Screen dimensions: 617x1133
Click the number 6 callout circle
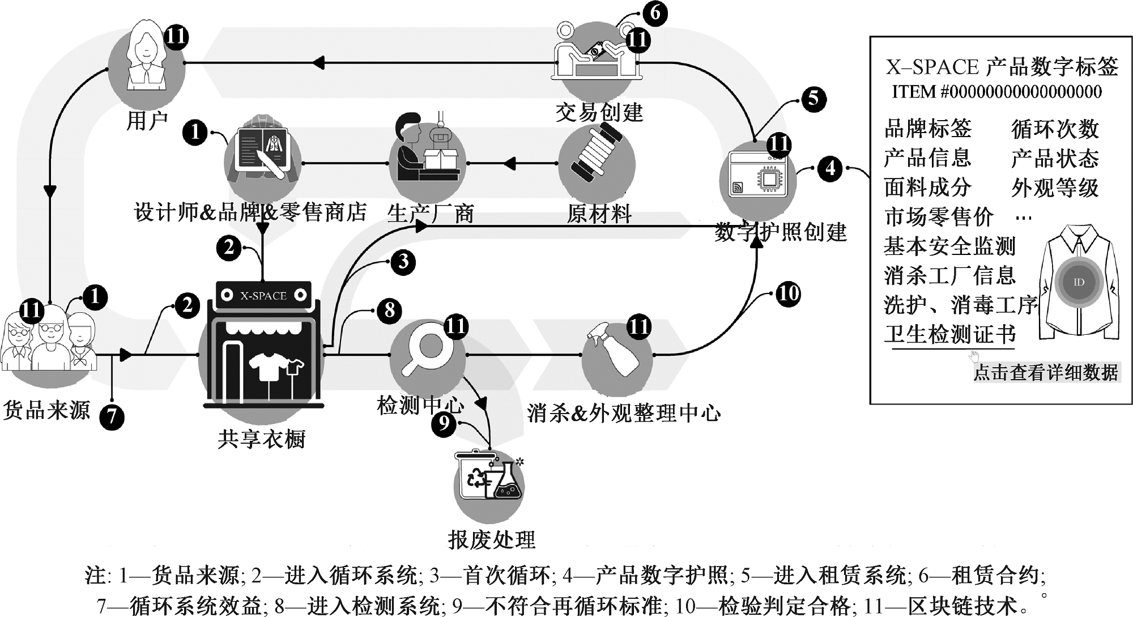[654, 12]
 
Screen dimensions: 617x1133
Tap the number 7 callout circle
[112, 417]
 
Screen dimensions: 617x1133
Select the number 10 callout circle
[787, 293]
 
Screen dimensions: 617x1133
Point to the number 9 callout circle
[444, 423]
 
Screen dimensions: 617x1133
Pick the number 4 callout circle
[830, 168]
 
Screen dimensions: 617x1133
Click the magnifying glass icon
[426, 352]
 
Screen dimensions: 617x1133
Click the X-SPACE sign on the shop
[263, 295]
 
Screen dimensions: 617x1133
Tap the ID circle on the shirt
[1078, 282]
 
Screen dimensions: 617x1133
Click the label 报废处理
[491, 539]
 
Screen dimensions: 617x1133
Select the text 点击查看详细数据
[1045, 372]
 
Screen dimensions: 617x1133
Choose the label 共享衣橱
[262, 439]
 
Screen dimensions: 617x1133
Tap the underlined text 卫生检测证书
[950, 334]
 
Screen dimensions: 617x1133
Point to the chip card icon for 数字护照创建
[758, 176]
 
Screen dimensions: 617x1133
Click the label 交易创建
[599, 112]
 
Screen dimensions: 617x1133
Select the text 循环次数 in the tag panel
[1055, 129]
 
